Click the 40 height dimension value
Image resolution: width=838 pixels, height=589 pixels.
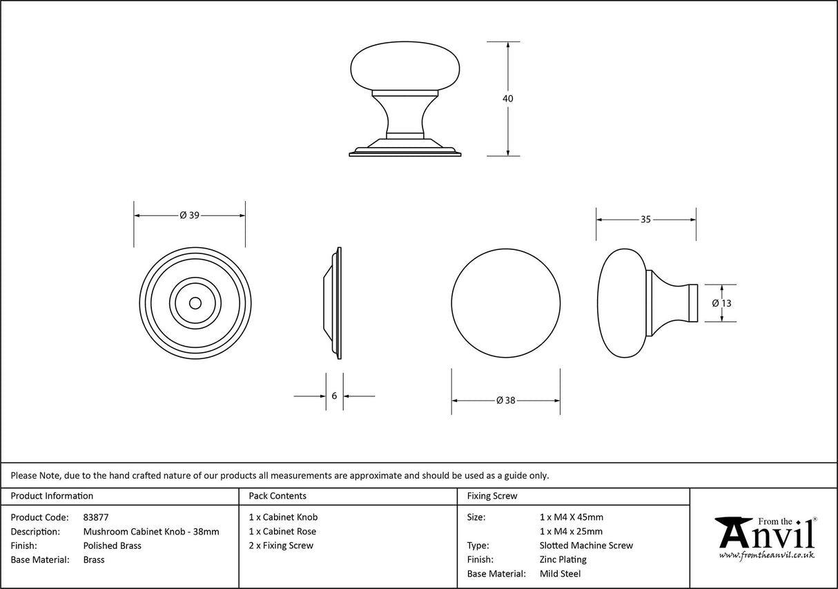tap(508, 99)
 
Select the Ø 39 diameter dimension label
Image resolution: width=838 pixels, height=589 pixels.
tap(189, 215)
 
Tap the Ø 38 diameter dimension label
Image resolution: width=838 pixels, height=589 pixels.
tap(506, 400)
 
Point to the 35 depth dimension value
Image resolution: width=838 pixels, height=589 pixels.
tap(645, 220)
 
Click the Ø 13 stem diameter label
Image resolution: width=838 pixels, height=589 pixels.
tap(721, 303)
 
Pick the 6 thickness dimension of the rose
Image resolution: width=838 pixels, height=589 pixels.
tap(335, 396)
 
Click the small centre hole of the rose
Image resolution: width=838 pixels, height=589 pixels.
tap(195, 303)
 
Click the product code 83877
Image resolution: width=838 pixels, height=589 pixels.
tap(95, 517)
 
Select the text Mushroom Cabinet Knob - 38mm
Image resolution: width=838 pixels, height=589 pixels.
tap(151, 532)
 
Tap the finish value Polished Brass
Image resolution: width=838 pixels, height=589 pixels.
tap(112, 545)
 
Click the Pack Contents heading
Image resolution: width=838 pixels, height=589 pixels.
tap(277, 496)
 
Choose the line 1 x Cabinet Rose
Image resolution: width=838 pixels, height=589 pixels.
tap(282, 532)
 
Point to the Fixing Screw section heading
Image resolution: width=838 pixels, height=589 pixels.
tap(491, 496)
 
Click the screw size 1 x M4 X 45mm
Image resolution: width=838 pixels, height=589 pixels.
tap(571, 517)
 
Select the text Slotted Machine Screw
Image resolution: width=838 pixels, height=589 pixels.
tap(586, 545)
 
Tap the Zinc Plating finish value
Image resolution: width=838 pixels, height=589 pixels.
tap(563, 559)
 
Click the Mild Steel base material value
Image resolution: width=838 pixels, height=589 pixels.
tap(560, 574)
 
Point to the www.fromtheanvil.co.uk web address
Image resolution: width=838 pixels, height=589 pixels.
tap(766, 554)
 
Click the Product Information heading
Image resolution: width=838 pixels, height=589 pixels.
tap(52, 496)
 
